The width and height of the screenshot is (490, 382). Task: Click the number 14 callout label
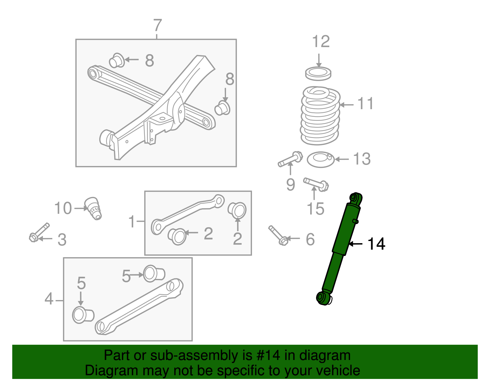(x=376, y=244)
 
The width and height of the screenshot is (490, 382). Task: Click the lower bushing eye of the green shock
(x=322, y=297)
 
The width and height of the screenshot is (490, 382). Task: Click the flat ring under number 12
(x=318, y=73)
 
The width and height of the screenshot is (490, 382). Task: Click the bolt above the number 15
(x=316, y=184)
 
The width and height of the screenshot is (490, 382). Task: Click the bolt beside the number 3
(x=39, y=232)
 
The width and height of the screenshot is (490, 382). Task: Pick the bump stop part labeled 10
(x=93, y=208)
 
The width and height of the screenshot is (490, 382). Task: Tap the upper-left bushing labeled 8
(x=117, y=60)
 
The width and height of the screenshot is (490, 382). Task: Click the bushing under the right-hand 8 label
(x=223, y=108)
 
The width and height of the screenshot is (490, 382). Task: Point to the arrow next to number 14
(x=356, y=244)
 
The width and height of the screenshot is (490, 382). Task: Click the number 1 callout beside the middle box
(x=132, y=221)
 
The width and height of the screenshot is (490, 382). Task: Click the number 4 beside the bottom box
(x=49, y=299)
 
